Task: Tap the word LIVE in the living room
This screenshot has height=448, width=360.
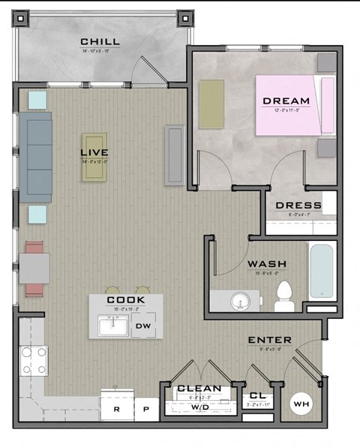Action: click(95, 153)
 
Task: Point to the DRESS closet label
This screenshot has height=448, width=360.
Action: click(298, 206)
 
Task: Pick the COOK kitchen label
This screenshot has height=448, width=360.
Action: click(124, 300)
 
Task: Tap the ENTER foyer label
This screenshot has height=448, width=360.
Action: click(270, 341)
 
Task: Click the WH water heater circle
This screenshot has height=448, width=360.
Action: click(301, 405)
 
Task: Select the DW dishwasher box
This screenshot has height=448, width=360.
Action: click(142, 326)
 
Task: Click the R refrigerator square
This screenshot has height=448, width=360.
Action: click(116, 410)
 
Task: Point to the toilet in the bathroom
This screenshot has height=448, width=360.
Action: click(283, 295)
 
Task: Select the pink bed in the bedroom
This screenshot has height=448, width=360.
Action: click(293, 105)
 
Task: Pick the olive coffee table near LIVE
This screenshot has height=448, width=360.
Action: click(94, 157)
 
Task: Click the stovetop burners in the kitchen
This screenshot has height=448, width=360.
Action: click(33, 360)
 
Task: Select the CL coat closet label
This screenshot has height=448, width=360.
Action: click(256, 396)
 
